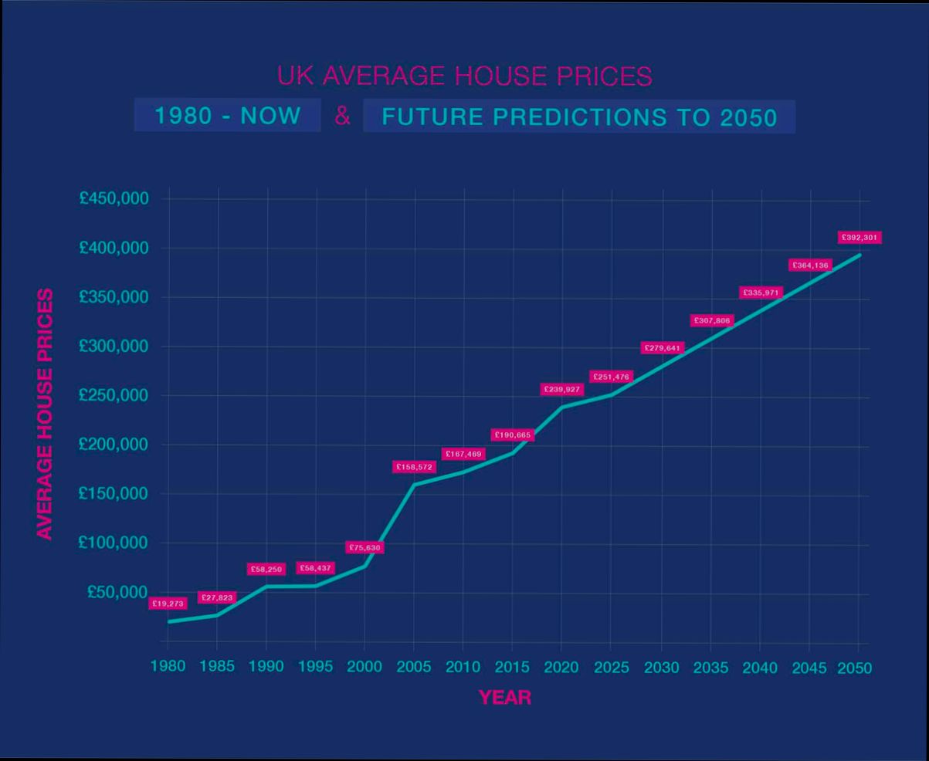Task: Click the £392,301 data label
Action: pos(859,238)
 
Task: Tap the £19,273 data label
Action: pos(168,604)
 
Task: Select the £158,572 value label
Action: pos(415,467)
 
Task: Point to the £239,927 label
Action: pos(561,390)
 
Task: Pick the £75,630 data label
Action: pos(364,547)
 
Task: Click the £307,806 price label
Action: pos(710,320)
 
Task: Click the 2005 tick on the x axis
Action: pos(413,667)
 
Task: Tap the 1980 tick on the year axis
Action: pos(168,666)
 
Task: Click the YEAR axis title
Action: pos(505,698)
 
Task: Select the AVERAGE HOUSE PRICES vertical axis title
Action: pos(46,414)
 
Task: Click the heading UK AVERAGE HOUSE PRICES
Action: pos(464,76)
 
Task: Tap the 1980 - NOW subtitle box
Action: pos(228,116)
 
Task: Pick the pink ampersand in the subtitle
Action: pos(342,117)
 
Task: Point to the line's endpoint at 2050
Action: pos(859,255)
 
